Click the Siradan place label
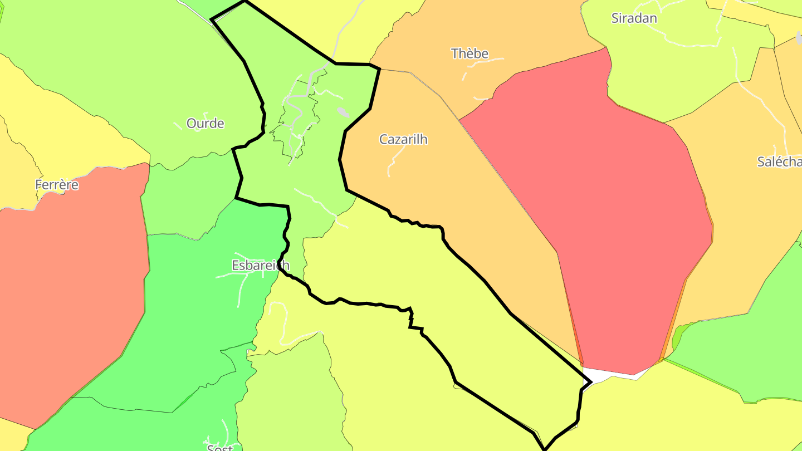[634, 18]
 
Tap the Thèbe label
[470, 53]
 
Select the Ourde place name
[205, 124]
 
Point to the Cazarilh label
[403, 139]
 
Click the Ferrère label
[57, 185]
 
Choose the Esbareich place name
[260, 266]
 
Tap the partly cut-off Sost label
[219, 447]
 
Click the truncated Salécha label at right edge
[779, 161]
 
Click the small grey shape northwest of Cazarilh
[343, 112]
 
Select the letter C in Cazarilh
[384, 139]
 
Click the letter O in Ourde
[192, 124]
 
